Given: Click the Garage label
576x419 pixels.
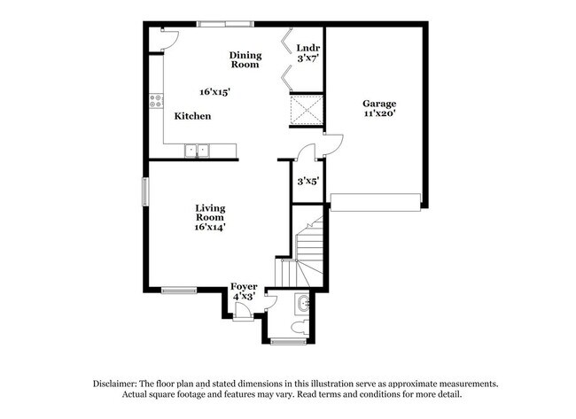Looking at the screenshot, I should [378, 104].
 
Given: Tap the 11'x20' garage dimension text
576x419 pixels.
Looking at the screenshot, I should [378, 113].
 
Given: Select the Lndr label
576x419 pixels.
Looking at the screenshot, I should [307, 48].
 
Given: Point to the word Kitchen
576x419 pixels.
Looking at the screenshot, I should [192, 116].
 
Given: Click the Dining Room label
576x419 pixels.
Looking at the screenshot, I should [245, 59].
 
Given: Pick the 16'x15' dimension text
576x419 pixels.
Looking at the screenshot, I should [214, 91].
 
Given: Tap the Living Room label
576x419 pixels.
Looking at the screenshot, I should [210, 213].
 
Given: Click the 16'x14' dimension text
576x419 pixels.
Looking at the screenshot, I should [210, 227].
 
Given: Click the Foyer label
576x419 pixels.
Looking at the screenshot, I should [244, 286].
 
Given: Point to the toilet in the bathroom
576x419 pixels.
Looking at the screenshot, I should [301, 328].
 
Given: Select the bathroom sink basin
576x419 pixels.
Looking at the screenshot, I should [304, 305].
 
